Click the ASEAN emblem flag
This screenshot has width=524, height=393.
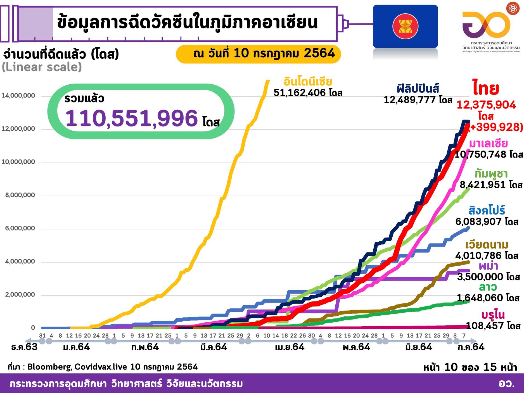point(405,26)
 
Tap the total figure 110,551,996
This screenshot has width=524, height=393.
point(131,118)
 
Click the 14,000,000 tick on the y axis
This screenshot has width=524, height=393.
point(18,96)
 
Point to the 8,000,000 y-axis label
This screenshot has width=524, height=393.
point(20,195)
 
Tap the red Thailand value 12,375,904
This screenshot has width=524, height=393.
point(486,105)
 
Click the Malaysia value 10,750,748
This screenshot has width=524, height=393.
point(481,154)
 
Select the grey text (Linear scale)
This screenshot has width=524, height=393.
point(42,67)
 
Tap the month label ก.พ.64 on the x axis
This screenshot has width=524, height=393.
point(145,347)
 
